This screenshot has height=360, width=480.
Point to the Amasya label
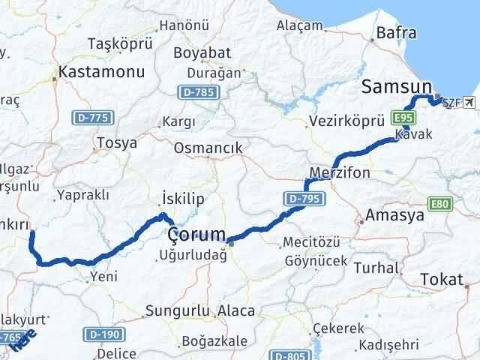(x=395, y=216)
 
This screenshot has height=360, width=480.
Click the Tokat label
(x=442, y=279)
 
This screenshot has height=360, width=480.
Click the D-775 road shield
(x=92, y=118)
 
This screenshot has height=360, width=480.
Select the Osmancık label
(x=208, y=148)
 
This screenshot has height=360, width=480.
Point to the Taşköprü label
(x=120, y=43)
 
